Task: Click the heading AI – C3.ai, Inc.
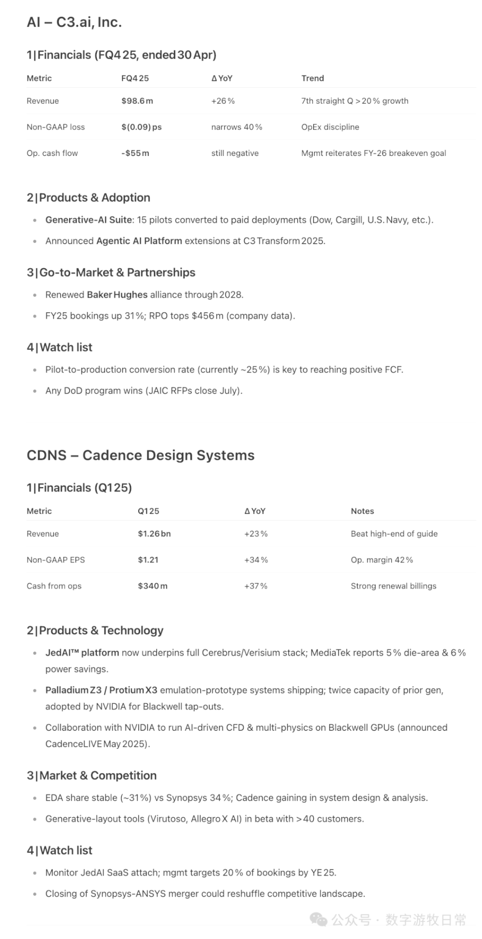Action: click(74, 23)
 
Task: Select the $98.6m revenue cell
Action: click(137, 101)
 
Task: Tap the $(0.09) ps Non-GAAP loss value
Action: click(141, 127)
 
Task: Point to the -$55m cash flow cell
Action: click(135, 153)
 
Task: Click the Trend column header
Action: click(312, 78)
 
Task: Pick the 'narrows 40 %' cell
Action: click(237, 127)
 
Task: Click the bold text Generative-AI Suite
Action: click(88, 220)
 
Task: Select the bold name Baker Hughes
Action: click(117, 295)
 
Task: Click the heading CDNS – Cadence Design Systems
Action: click(140, 455)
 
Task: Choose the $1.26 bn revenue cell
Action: click(154, 534)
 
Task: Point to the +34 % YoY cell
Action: click(256, 560)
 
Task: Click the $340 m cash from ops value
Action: click(152, 586)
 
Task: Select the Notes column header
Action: click(362, 511)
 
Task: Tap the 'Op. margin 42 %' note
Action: click(382, 560)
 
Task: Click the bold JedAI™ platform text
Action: click(82, 653)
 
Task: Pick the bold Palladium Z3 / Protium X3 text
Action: click(101, 691)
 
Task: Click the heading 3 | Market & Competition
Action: click(91, 776)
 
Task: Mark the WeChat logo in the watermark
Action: click(319, 919)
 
